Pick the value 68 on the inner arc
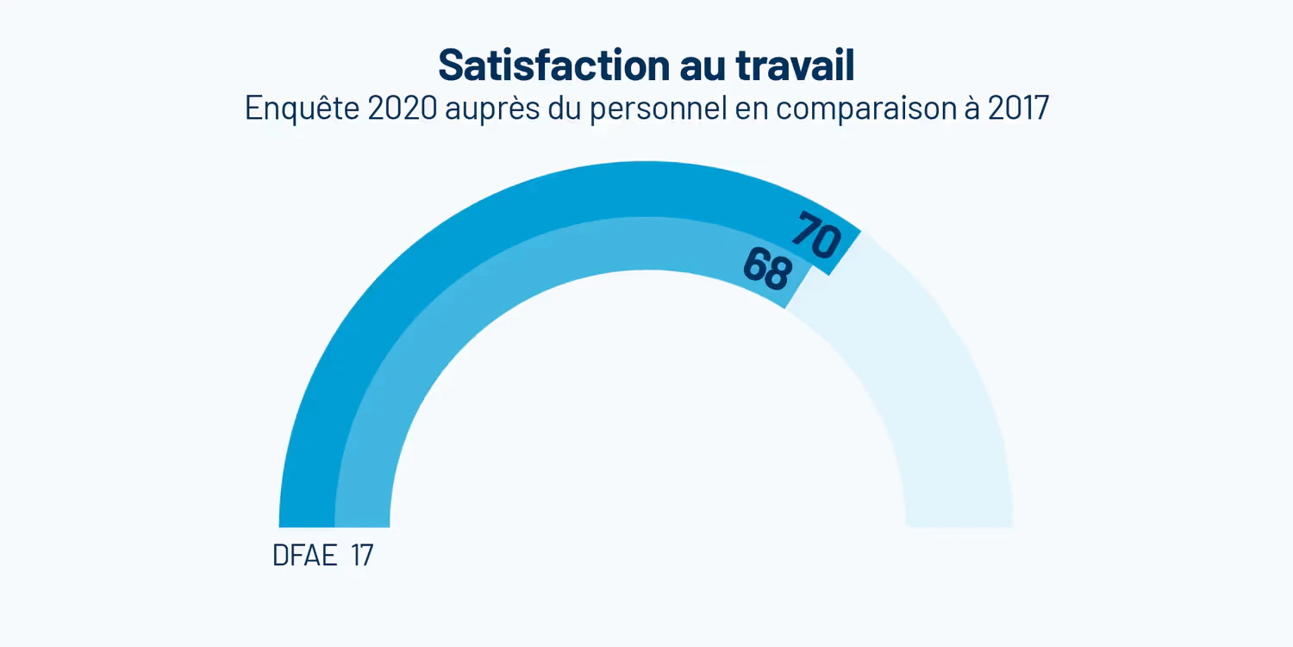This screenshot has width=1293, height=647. [x=766, y=270]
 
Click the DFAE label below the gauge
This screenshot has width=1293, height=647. [x=304, y=556]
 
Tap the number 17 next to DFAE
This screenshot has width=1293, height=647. [x=362, y=556]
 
